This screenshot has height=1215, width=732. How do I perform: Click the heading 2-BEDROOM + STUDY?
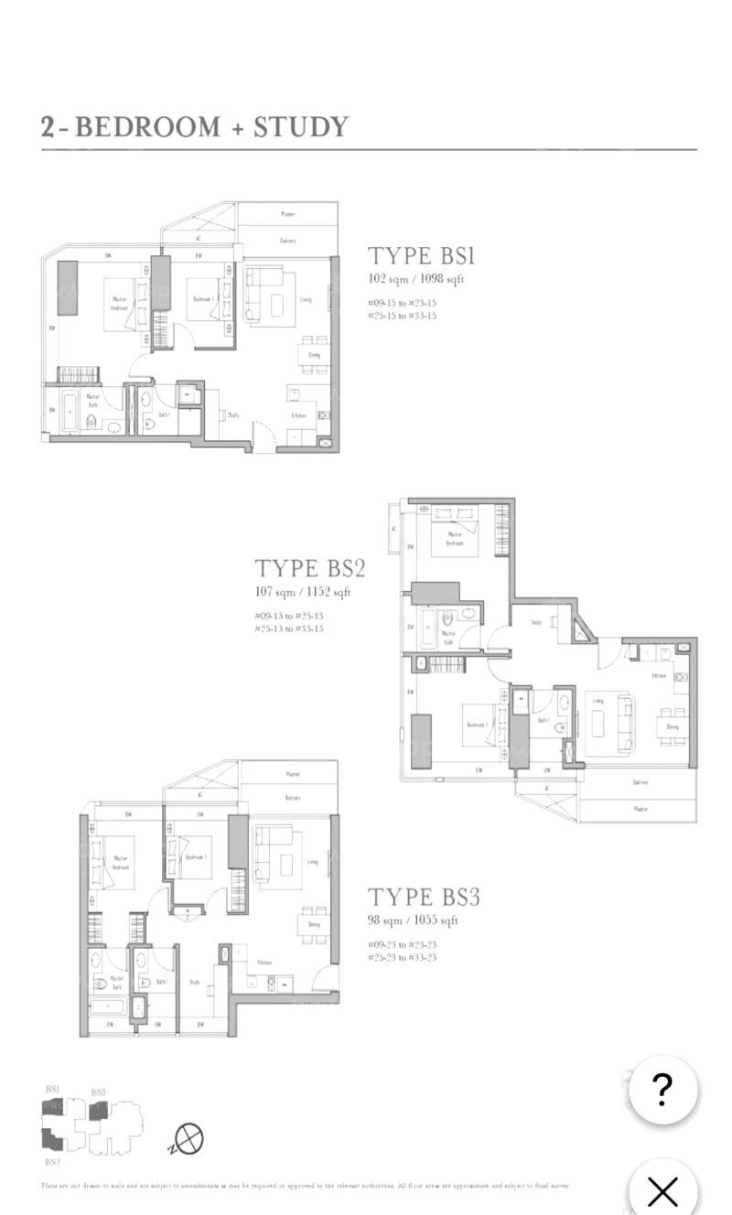[x=195, y=126]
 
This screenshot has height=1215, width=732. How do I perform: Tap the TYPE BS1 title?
[x=421, y=255]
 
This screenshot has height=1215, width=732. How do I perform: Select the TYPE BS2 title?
[x=309, y=568]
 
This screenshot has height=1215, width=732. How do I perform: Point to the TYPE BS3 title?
[x=424, y=897]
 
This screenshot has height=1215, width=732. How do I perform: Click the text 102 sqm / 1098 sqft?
[x=415, y=279]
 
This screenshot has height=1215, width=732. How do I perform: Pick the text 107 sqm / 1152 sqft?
[x=303, y=592]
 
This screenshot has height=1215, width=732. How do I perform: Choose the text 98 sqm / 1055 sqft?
[x=413, y=920]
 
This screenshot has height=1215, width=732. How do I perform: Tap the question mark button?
[x=662, y=1089]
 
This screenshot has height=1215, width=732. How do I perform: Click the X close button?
[x=662, y=1190]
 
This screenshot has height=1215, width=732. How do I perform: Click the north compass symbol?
[x=188, y=1139]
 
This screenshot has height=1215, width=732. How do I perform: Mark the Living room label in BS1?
[x=306, y=299]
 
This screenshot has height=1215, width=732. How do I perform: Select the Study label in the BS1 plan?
[x=233, y=414]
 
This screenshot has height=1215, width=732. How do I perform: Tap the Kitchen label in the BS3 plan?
[x=264, y=962]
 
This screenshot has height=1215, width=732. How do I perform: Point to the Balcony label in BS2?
[x=640, y=782]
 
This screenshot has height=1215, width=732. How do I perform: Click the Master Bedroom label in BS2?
[x=455, y=538]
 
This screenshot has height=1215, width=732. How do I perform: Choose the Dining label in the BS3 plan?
[x=313, y=926]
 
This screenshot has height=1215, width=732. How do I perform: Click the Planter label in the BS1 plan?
[x=288, y=214]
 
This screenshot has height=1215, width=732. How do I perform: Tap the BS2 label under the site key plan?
[x=52, y=1162]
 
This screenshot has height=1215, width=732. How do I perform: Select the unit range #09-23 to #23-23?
[x=402, y=943]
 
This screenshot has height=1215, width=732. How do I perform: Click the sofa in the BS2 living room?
[x=626, y=724]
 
